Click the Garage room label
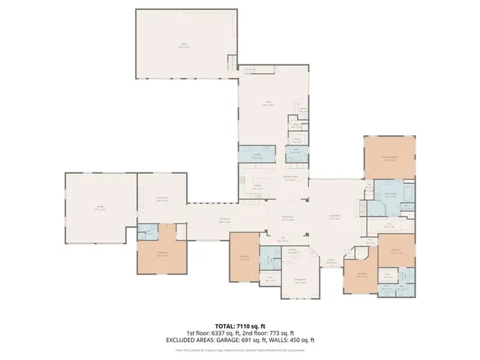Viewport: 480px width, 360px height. (x=100, y=209)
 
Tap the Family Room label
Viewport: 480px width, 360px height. (x=160, y=198)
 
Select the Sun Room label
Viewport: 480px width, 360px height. (x=224, y=219)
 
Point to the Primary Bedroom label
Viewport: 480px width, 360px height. (x=388, y=157)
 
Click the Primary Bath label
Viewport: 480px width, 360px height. (x=390, y=193)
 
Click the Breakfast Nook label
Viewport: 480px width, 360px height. (x=290, y=177)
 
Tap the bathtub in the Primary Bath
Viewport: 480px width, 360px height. (x=407, y=193)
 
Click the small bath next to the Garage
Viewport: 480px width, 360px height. (x=151, y=232)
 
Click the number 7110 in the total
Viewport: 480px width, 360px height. (x=243, y=325)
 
